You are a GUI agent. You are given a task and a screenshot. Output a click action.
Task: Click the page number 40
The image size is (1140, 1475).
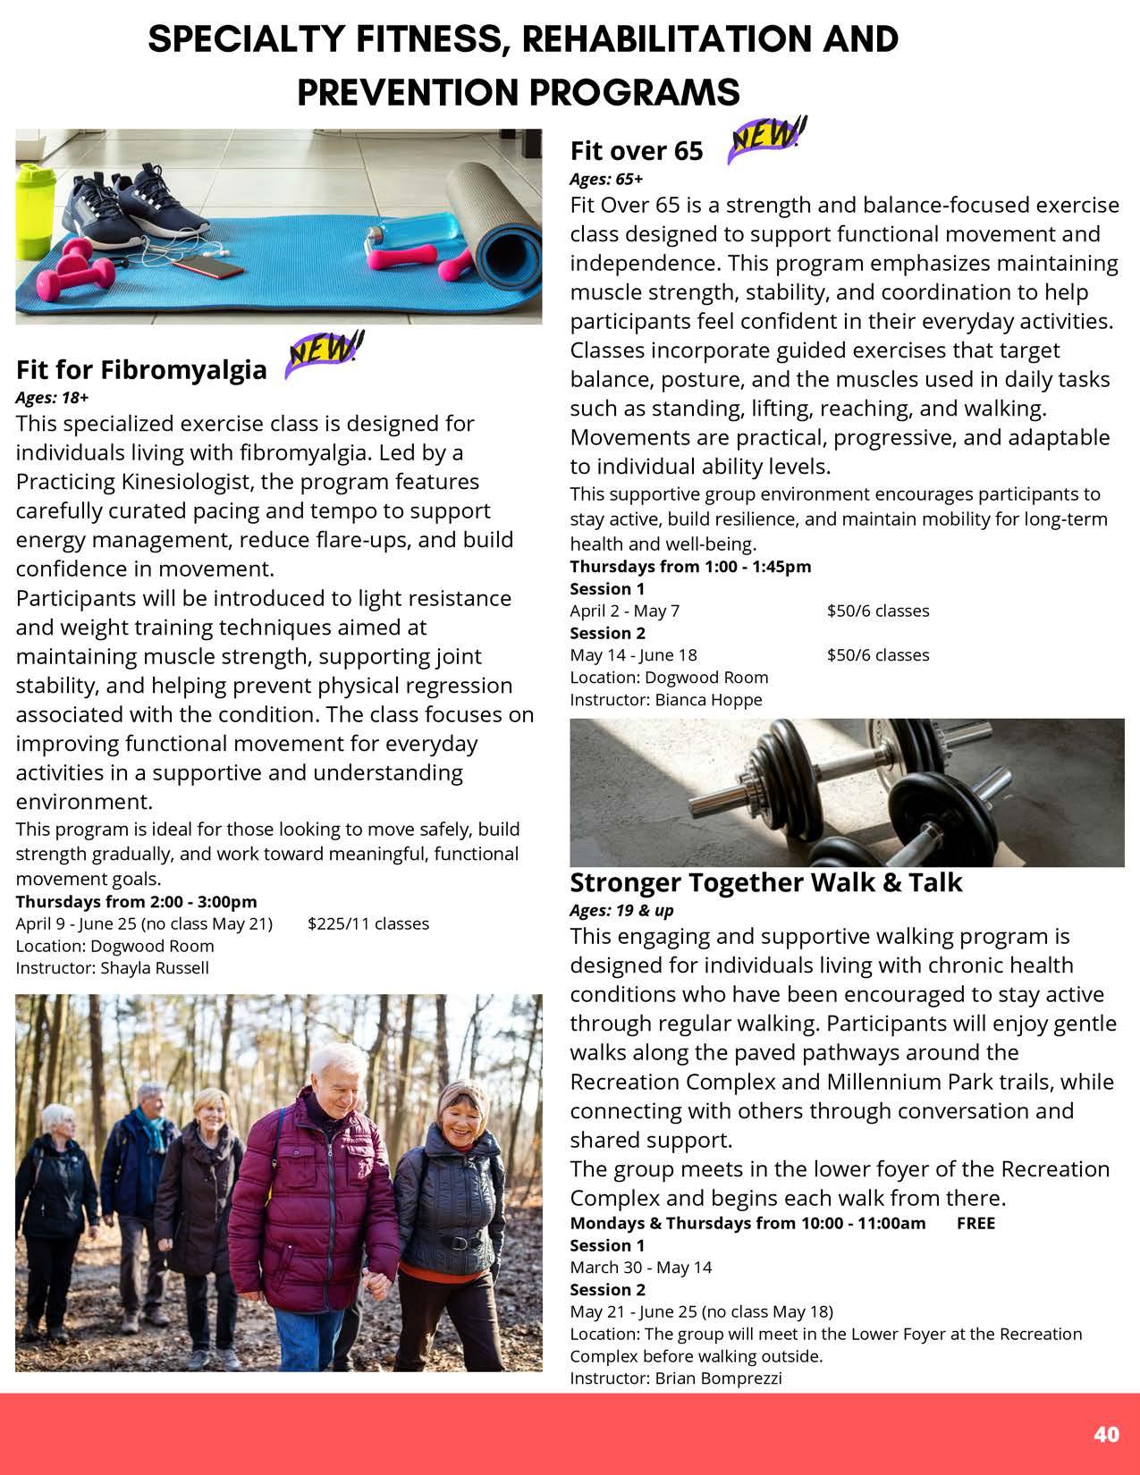click(x=1106, y=1434)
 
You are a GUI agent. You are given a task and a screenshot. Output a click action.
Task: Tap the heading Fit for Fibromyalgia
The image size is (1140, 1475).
click(x=141, y=369)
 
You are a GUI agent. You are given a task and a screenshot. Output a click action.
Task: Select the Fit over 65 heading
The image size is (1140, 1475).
click(x=637, y=151)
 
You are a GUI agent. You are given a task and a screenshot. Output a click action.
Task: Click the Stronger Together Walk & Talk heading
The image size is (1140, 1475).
click(x=765, y=882)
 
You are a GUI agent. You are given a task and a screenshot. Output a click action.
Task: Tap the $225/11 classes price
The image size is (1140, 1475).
click(x=368, y=923)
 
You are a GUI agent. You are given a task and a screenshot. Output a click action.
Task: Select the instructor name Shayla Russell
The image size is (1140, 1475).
click(x=155, y=967)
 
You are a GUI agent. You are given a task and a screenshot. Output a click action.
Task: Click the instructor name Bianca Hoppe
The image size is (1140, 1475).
click(x=708, y=699)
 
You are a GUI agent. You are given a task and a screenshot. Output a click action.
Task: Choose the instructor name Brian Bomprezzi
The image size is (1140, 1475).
click(x=718, y=1378)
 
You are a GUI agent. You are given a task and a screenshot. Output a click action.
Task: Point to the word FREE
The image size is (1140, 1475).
click(x=975, y=1223)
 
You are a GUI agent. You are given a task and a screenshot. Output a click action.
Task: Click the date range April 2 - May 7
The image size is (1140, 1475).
click(x=625, y=611)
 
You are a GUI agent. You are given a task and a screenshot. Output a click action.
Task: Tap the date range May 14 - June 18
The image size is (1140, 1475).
click(x=634, y=654)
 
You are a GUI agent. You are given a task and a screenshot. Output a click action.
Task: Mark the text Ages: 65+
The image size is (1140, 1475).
click(x=606, y=179)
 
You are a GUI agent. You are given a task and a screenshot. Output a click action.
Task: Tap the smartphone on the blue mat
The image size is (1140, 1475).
click(x=207, y=267)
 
